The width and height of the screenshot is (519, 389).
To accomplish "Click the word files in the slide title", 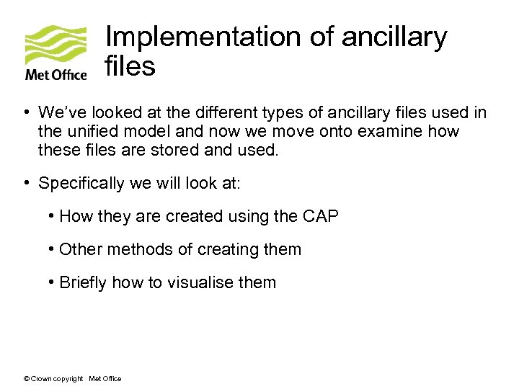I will [130, 66].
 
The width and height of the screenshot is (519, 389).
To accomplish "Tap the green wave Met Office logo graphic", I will [56, 45].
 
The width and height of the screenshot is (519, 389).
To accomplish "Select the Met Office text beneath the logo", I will [56, 74].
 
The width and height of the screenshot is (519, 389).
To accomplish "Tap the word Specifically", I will [81, 184].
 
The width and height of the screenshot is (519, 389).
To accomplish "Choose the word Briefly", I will [84, 283].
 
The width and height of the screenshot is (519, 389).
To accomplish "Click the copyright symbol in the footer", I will [26, 379].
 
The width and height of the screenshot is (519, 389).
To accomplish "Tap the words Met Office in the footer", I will [105, 379].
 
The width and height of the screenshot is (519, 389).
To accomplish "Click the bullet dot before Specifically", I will [25, 183].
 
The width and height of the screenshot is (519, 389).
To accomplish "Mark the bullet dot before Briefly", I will [53, 282].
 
